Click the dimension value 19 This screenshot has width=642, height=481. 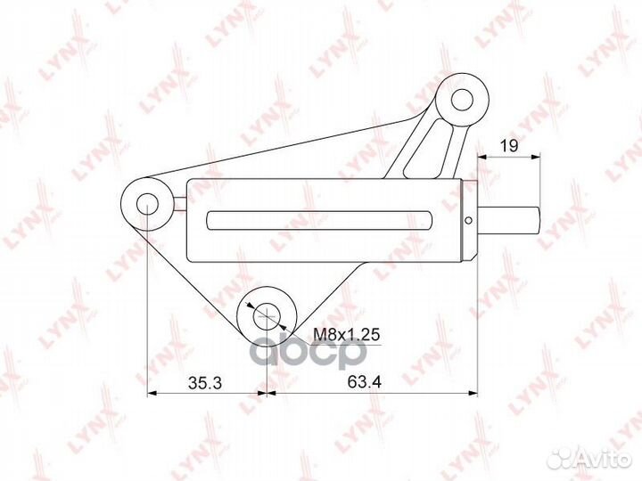tap(509, 145)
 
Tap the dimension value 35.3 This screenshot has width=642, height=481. tap(205, 383)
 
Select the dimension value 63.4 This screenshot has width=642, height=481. tap(365, 382)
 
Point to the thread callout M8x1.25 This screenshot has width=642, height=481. tap(346, 335)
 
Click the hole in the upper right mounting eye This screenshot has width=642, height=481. tap(462, 100)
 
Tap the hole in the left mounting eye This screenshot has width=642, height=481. tap(147, 204)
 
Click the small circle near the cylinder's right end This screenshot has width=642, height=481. tap(469, 221)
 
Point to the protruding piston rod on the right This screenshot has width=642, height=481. tap(509, 220)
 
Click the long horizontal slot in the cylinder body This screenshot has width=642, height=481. tap(319, 220)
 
